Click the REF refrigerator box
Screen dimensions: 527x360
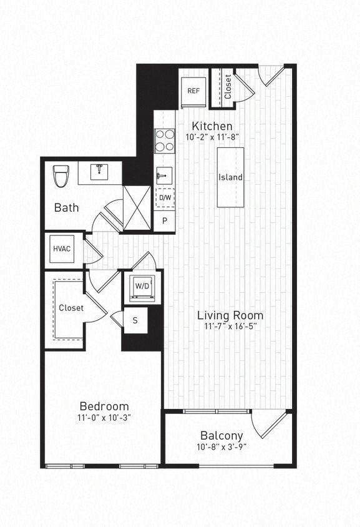point(193,91)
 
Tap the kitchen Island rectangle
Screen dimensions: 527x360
point(230,177)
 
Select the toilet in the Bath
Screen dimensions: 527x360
point(61,175)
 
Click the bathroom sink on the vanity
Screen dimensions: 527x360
point(100,172)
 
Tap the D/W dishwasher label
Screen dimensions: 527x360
point(165,198)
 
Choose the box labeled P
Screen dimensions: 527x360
point(165,221)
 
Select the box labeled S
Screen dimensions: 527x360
point(135,320)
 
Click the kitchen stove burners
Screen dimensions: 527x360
point(165,140)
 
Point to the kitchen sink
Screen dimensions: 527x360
point(164,175)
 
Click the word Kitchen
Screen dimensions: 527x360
point(212,126)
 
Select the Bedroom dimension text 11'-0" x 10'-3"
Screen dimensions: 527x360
point(104,418)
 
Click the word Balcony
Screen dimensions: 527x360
point(221,435)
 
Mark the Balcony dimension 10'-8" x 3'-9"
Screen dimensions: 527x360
point(221,447)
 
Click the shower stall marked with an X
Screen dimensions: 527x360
point(137,207)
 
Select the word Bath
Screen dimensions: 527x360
point(66,207)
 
